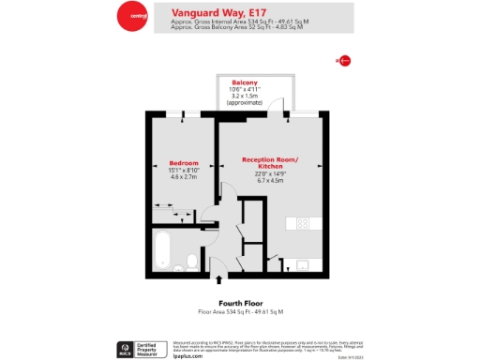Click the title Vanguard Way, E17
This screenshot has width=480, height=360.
click(207, 11)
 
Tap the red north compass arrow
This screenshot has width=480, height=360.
click(343, 61)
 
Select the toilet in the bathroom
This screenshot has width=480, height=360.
click(191, 261)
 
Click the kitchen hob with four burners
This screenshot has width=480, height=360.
click(303, 223)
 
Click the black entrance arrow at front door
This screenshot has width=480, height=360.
click(219, 278)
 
